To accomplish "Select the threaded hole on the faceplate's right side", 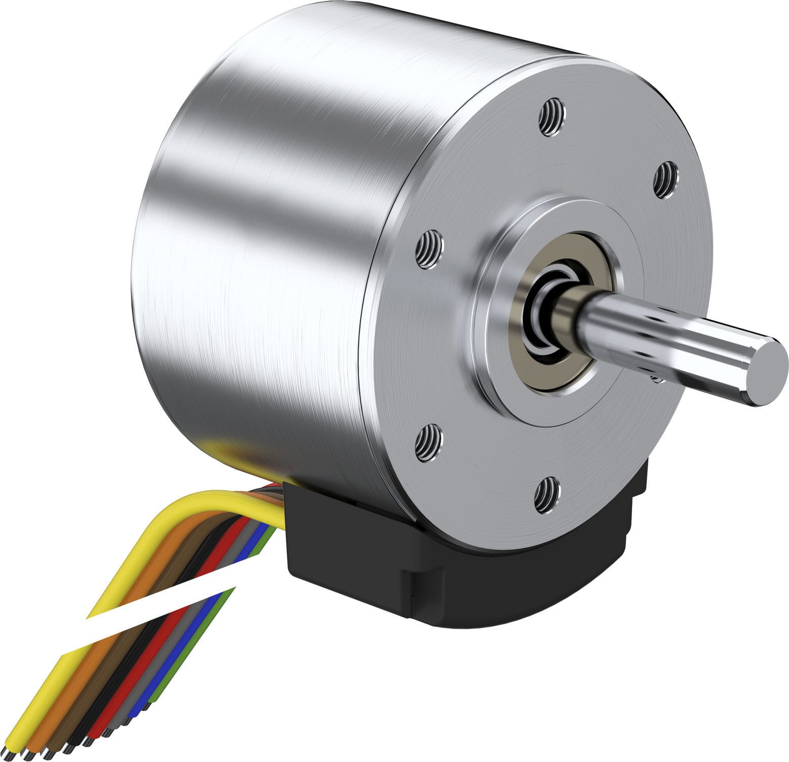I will coord(665,180).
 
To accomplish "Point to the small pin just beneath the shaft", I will coord(658,378).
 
